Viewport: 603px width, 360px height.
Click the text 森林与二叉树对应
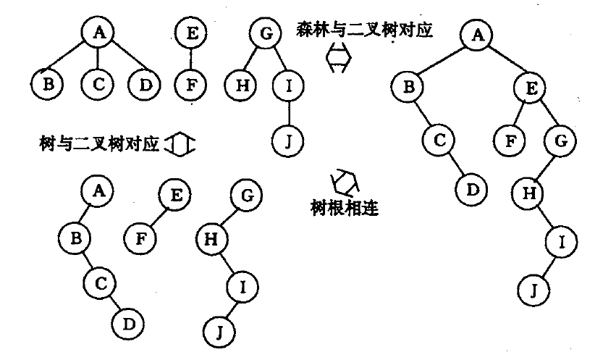click(x=359, y=31)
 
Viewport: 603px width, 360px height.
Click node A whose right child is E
click(x=476, y=34)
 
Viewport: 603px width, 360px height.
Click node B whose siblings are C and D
click(x=49, y=85)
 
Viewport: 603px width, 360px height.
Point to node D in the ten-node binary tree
click(x=471, y=190)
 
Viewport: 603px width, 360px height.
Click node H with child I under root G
click(x=211, y=236)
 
